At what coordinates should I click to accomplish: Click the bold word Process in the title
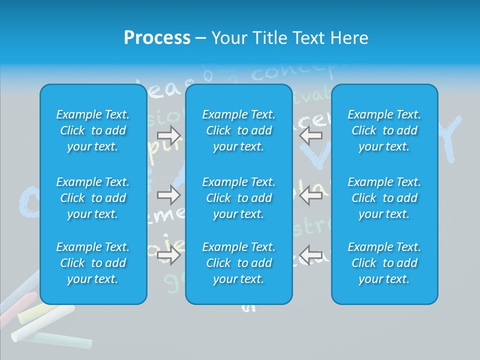tap(157, 38)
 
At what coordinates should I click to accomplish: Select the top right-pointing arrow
tap(169, 135)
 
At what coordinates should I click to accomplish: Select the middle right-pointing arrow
tap(169, 195)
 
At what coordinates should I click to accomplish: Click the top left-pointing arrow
tap(311, 135)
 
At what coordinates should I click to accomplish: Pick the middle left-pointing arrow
tap(311, 195)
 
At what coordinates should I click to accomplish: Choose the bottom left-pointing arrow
tap(311, 255)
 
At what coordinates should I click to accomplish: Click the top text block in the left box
tap(93, 130)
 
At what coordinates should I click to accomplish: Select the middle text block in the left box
tap(93, 198)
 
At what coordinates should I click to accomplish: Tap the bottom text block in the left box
tap(93, 263)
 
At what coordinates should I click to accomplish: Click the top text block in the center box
tap(239, 130)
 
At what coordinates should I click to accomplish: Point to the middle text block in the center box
tap(239, 198)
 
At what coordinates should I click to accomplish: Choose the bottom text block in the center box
tap(239, 263)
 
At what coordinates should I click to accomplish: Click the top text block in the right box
tap(384, 130)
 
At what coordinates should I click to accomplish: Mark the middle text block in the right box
tap(384, 198)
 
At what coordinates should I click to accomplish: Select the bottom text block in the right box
tap(384, 263)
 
